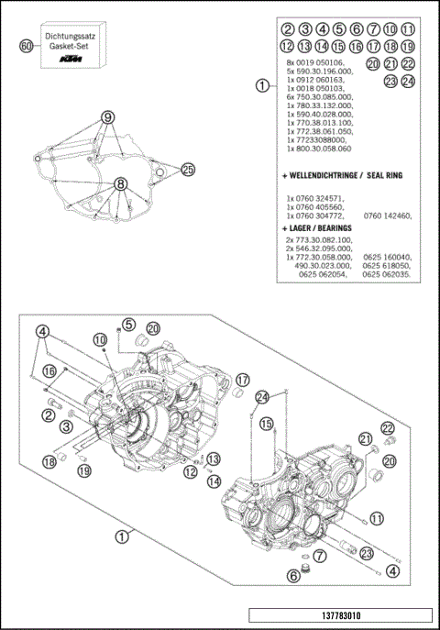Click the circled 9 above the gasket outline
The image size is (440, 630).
[108, 117]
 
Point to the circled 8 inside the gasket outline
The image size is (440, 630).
[119, 184]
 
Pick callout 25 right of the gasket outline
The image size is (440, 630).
[188, 170]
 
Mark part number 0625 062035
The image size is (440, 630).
[387, 274]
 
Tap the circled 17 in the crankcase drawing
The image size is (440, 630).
[243, 380]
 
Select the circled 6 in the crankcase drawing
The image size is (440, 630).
[293, 575]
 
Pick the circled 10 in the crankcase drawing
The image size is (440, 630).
[100, 340]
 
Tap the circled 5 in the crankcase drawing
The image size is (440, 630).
[128, 325]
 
